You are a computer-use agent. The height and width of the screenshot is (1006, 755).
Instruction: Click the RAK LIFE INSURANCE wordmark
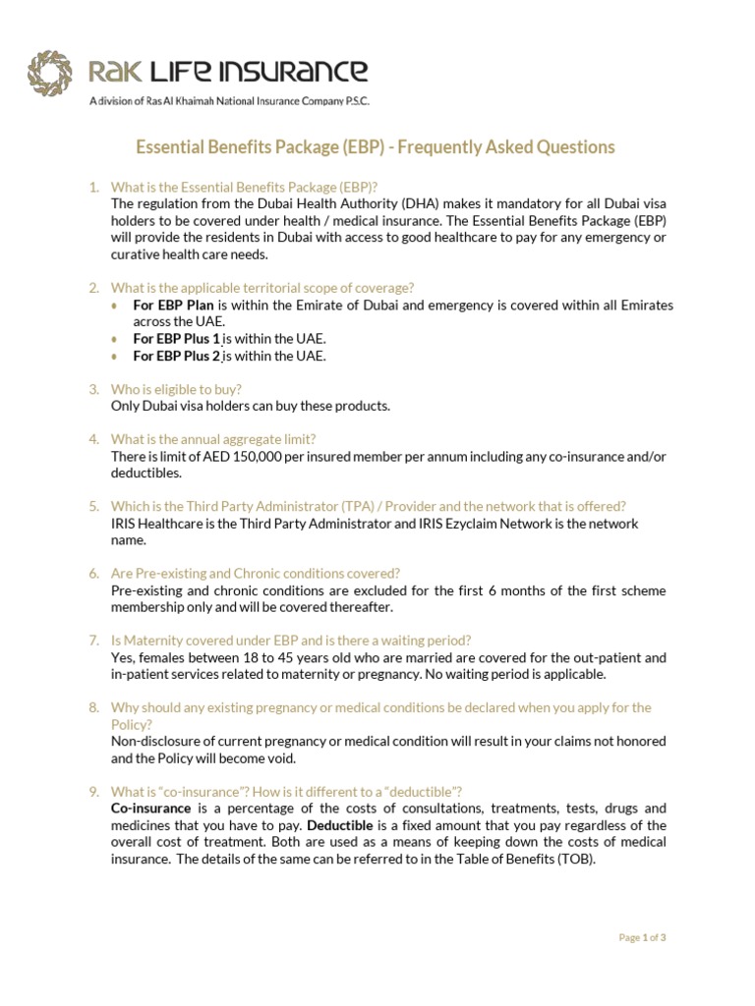click(x=229, y=71)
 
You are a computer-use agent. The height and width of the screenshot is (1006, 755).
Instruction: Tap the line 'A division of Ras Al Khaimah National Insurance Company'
click(x=229, y=101)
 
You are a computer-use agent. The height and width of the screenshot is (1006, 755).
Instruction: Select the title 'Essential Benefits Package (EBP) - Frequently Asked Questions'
click(x=375, y=147)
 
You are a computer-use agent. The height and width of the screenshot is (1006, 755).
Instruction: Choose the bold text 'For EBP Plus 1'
click(x=177, y=339)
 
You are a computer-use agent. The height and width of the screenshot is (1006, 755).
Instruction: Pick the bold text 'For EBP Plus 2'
click(x=177, y=356)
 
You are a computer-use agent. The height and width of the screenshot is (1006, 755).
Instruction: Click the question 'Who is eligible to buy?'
click(x=176, y=389)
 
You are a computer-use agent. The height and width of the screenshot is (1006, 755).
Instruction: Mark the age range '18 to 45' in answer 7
click(x=259, y=657)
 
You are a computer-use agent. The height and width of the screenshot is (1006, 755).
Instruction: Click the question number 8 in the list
click(x=94, y=707)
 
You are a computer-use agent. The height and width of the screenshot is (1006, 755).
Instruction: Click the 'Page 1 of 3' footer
click(x=642, y=938)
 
